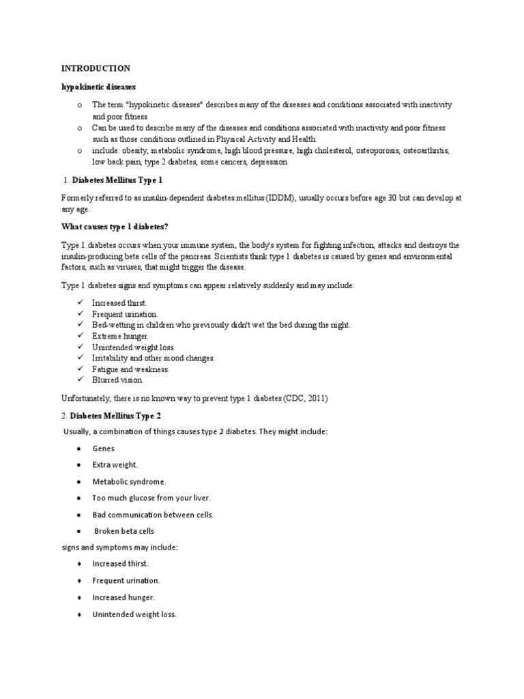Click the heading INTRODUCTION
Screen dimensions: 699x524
click(96, 68)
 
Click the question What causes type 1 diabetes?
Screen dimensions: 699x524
click(111, 226)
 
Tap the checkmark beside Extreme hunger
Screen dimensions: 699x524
click(80, 337)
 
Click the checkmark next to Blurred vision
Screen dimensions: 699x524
click(80, 380)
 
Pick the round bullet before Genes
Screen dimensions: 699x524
click(80, 448)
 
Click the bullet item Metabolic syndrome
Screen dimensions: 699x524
click(129, 481)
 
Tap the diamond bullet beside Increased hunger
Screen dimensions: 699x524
click(80, 597)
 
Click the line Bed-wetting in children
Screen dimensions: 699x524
click(221, 326)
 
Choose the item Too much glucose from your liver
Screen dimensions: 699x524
click(151, 498)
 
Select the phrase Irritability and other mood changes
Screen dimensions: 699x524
click(153, 358)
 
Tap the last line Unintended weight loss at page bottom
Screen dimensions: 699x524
click(134, 614)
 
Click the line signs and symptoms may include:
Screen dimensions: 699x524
click(119, 547)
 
